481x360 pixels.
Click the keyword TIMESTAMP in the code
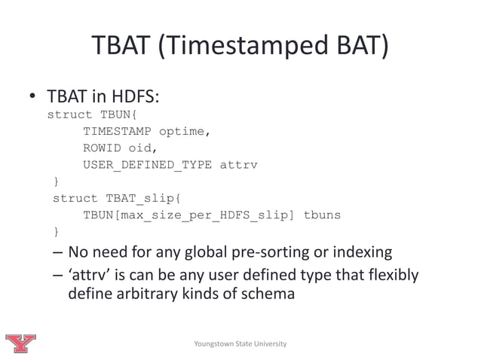tap(117, 132)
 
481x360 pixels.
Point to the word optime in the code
tap(181, 132)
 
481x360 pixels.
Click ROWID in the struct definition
tap(102, 148)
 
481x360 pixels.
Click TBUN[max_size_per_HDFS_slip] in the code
tap(188, 215)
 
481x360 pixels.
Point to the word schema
tap(268, 294)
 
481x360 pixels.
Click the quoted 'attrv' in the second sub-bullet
tap(89, 275)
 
